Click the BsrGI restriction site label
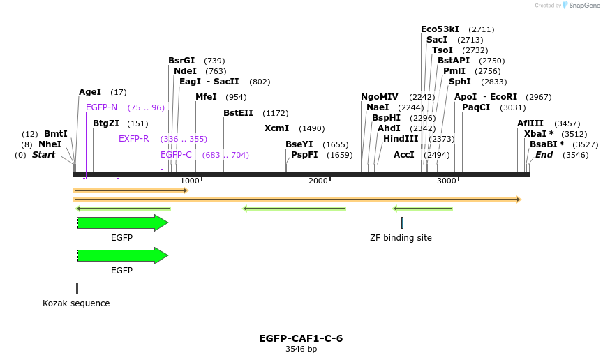[x=181, y=61]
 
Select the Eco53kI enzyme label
[x=440, y=29]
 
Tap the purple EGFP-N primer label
[x=102, y=107]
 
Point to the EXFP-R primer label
[x=134, y=139]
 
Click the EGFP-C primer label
[x=176, y=155]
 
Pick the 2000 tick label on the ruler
[x=318, y=181]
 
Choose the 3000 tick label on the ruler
[x=447, y=181]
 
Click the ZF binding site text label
[x=401, y=238]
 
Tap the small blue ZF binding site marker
[x=402, y=223]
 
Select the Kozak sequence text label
[x=76, y=303]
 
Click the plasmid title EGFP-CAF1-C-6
[x=301, y=338]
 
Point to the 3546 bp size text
[x=301, y=350]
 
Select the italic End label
[x=544, y=155]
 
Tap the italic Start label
[x=43, y=155]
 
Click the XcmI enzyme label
[x=276, y=128]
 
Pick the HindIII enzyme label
[x=401, y=139]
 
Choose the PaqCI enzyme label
[x=476, y=107]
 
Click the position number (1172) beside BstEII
[x=275, y=113]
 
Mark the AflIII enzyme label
[x=530, y=123]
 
